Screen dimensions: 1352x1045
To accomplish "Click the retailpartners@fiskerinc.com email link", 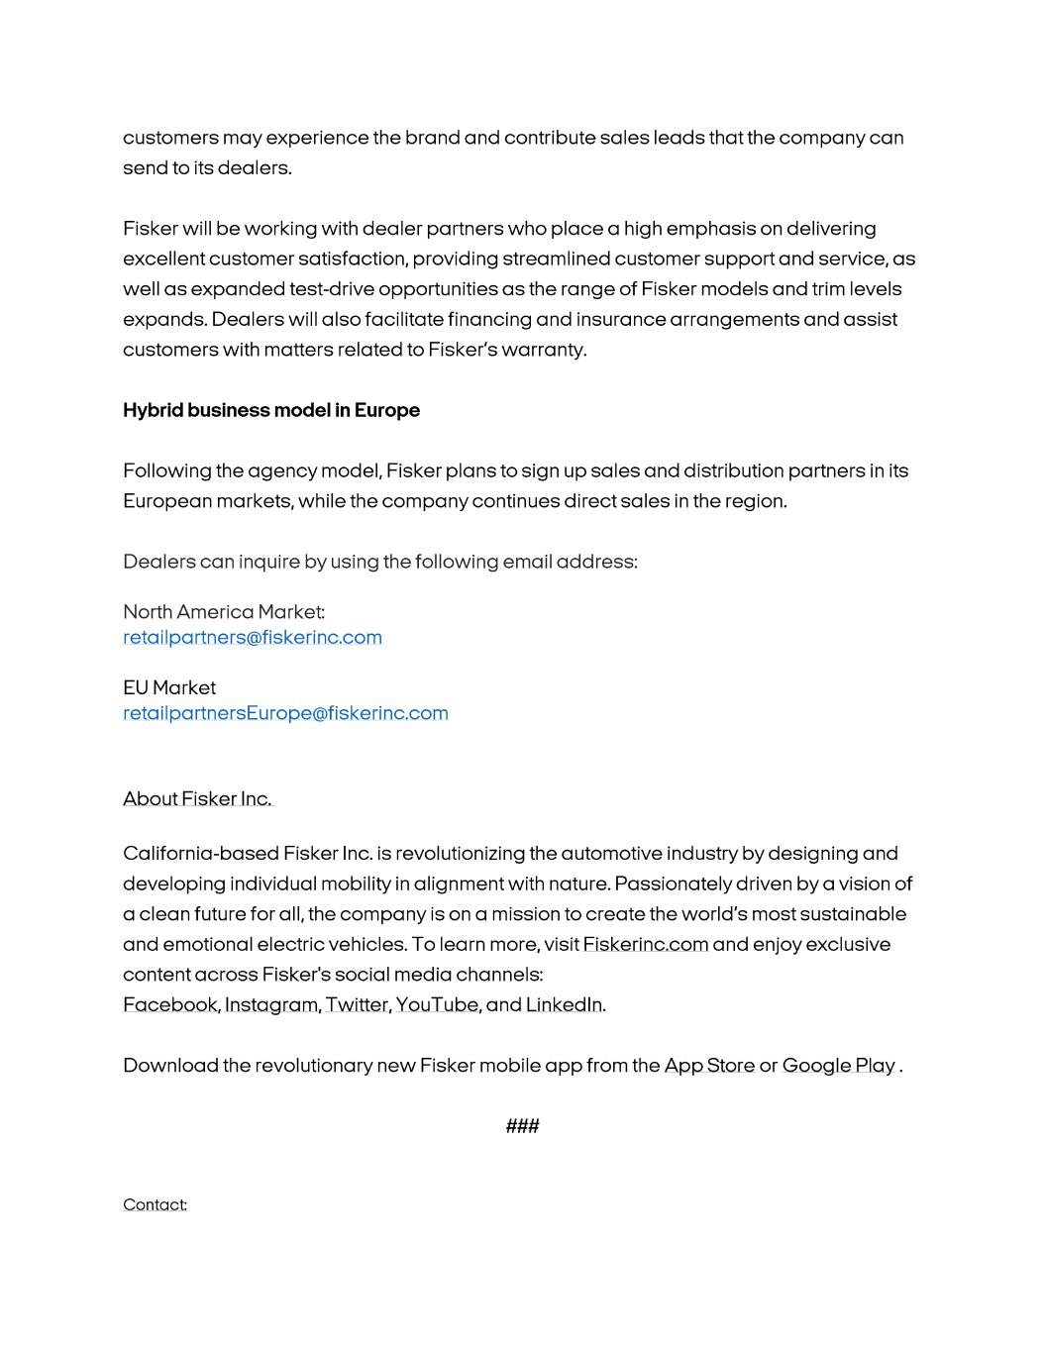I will click(x=252, y=637).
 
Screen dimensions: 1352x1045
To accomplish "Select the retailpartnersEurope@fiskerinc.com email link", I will click(x=285, y=713).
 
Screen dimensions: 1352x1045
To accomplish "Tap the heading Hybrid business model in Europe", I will click(x=270, y=410).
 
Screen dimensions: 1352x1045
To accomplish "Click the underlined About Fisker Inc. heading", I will click(x=197, y=798).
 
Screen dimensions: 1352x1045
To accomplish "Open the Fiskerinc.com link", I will click(x=645, y=944).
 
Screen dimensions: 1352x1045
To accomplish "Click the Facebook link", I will click(x=169, y=1004).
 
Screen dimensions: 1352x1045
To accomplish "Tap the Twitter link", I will click(x=357, y=1004).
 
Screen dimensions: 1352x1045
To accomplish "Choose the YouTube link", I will click(x=437, y=1004).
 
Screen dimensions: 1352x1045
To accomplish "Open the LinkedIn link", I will click(x=563, y=1004).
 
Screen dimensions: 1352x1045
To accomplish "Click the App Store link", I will click(x=708, y=1065).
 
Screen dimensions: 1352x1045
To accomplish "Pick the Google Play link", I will click(x=838, y=1065).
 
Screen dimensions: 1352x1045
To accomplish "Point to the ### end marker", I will click(x=522, y=1125).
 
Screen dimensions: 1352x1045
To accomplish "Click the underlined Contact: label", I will click(x=155, y=1204).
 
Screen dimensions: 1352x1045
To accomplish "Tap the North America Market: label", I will click(x=224, y=611).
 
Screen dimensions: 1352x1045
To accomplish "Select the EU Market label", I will click(x=169, y=687).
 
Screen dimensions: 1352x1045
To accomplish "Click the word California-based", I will click(x=201, y=853).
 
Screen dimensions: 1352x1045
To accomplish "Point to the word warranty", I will click(x=544, y=350).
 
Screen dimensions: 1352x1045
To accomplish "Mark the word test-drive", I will click(x=331, y=289).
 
